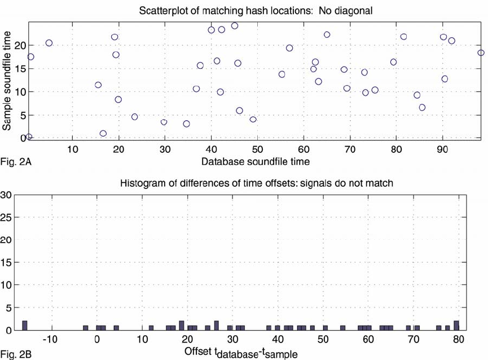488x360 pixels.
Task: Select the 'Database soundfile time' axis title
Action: [x=255, y=162]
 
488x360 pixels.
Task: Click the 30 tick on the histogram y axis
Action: [x=8, y=195]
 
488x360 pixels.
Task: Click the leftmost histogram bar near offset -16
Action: [x=25, y=326]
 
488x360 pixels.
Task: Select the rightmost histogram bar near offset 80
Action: [x=456, y=326]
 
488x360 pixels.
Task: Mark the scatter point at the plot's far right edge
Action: [x=481, y=52]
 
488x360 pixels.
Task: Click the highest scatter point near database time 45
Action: [x=235, y=25]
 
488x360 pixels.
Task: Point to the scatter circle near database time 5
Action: [x=49, y=43]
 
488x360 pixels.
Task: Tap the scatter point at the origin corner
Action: [x=29, y=137]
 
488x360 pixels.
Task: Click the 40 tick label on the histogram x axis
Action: [x=277, y=340]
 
